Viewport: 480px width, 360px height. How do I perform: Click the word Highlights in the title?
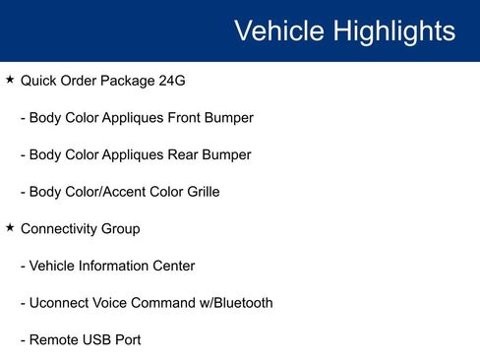tap(393, 30)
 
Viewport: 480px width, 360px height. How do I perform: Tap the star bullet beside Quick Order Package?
tap(10, 79)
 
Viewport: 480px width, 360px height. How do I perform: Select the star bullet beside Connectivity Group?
tap(10, 227)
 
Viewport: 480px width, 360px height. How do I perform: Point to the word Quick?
tap(39, 81)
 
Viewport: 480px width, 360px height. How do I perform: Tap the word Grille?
tap(198, 192)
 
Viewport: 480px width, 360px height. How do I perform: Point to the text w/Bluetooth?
tap(229, 303)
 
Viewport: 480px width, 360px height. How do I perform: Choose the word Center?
tap(173, 266)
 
